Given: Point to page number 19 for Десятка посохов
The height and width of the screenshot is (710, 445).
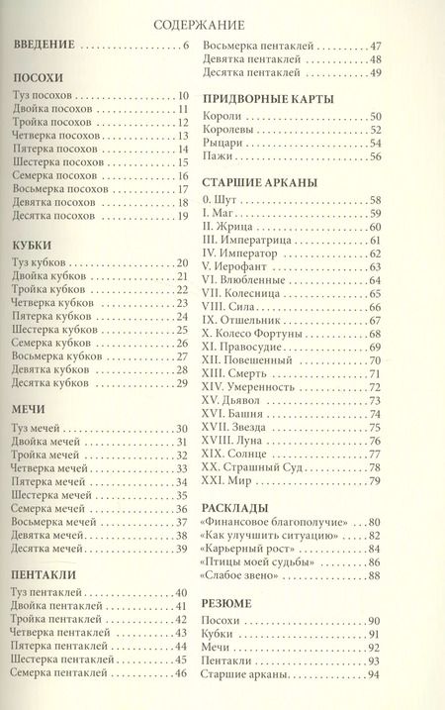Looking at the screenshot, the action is click(x=182, y=216).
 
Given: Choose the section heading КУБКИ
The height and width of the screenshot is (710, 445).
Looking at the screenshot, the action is click(x=33, y=244).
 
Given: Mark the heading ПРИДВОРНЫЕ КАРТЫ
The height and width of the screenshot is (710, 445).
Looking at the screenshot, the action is click(x=266, y=98).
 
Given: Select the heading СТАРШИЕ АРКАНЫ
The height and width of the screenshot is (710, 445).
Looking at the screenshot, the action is click(x=260, y=183).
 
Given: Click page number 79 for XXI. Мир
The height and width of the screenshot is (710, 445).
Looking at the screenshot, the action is click(x=375, y=482).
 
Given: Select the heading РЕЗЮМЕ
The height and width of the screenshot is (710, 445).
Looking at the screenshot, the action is click(x=228, y=602).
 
